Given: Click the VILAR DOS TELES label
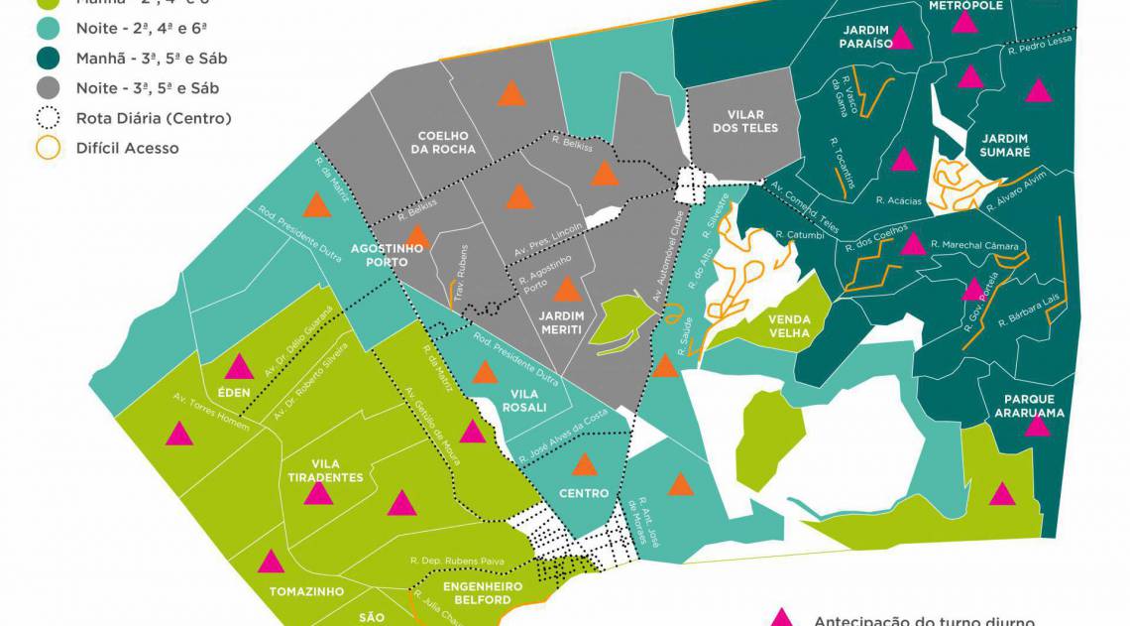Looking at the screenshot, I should click(x=745, y=121).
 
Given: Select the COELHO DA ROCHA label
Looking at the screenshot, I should click(x=446, y=143).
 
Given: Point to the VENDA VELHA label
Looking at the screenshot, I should click(x=790, y=326).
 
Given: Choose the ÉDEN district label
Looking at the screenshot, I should click(x=234, y=392).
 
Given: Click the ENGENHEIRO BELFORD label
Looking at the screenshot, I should click(x=477, y=593).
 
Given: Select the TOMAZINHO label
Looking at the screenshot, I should click(x=306, y=591).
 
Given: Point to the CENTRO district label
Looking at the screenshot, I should click(x=584, y=494).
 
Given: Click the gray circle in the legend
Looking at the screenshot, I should click(x=48, y=88).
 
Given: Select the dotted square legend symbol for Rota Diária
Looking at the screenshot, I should click(x=48, y=118).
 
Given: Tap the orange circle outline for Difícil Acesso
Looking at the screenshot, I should click(x=48, y=148).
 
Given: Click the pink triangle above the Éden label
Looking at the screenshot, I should click(x=239, y=367).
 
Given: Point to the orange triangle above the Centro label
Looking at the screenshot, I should click(x=585, y=464).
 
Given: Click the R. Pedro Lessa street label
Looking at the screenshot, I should click(x=1040, y=45).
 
